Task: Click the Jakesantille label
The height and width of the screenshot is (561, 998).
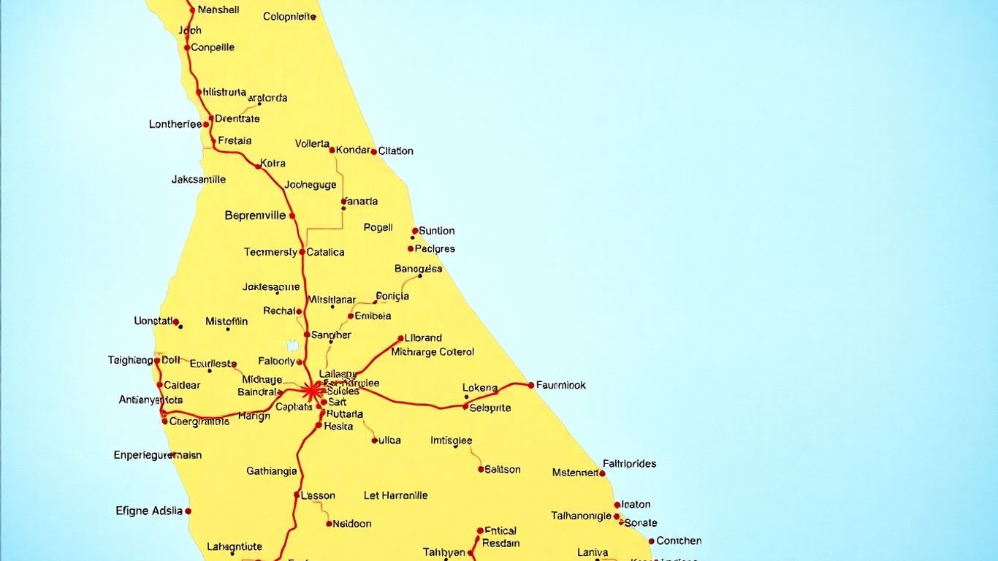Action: click(199, 179)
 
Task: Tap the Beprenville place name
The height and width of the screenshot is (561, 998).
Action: click(255, 215)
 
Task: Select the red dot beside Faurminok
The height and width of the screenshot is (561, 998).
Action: click(531, 385)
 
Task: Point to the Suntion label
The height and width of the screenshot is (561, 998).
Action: click(437, 231)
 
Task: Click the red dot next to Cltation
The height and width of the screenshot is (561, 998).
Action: click(374, 152)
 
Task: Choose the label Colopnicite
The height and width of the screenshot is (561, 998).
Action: click(289, 16)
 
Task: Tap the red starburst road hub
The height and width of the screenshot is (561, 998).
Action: click(312, 390)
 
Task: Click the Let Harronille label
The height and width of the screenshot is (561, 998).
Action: click(395, 495)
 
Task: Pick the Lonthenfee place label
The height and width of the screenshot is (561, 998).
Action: click(175, 124)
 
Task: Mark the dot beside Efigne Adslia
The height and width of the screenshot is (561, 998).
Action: click(188, 511)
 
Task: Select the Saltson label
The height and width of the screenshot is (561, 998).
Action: click(503, 470)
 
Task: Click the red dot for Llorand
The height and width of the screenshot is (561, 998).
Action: click(400, 338)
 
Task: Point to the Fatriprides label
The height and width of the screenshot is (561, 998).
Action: click(630, 463)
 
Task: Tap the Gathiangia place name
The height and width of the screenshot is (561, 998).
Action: click(272, 471)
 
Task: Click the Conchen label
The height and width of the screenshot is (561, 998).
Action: click(679, 541)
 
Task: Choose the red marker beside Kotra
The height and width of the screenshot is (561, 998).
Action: click(258, 167)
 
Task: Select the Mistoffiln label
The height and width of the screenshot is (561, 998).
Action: click(226, 321)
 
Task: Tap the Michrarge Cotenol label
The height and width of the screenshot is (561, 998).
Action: click(433, 352)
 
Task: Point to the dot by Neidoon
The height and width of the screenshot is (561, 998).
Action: click(330, 523)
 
